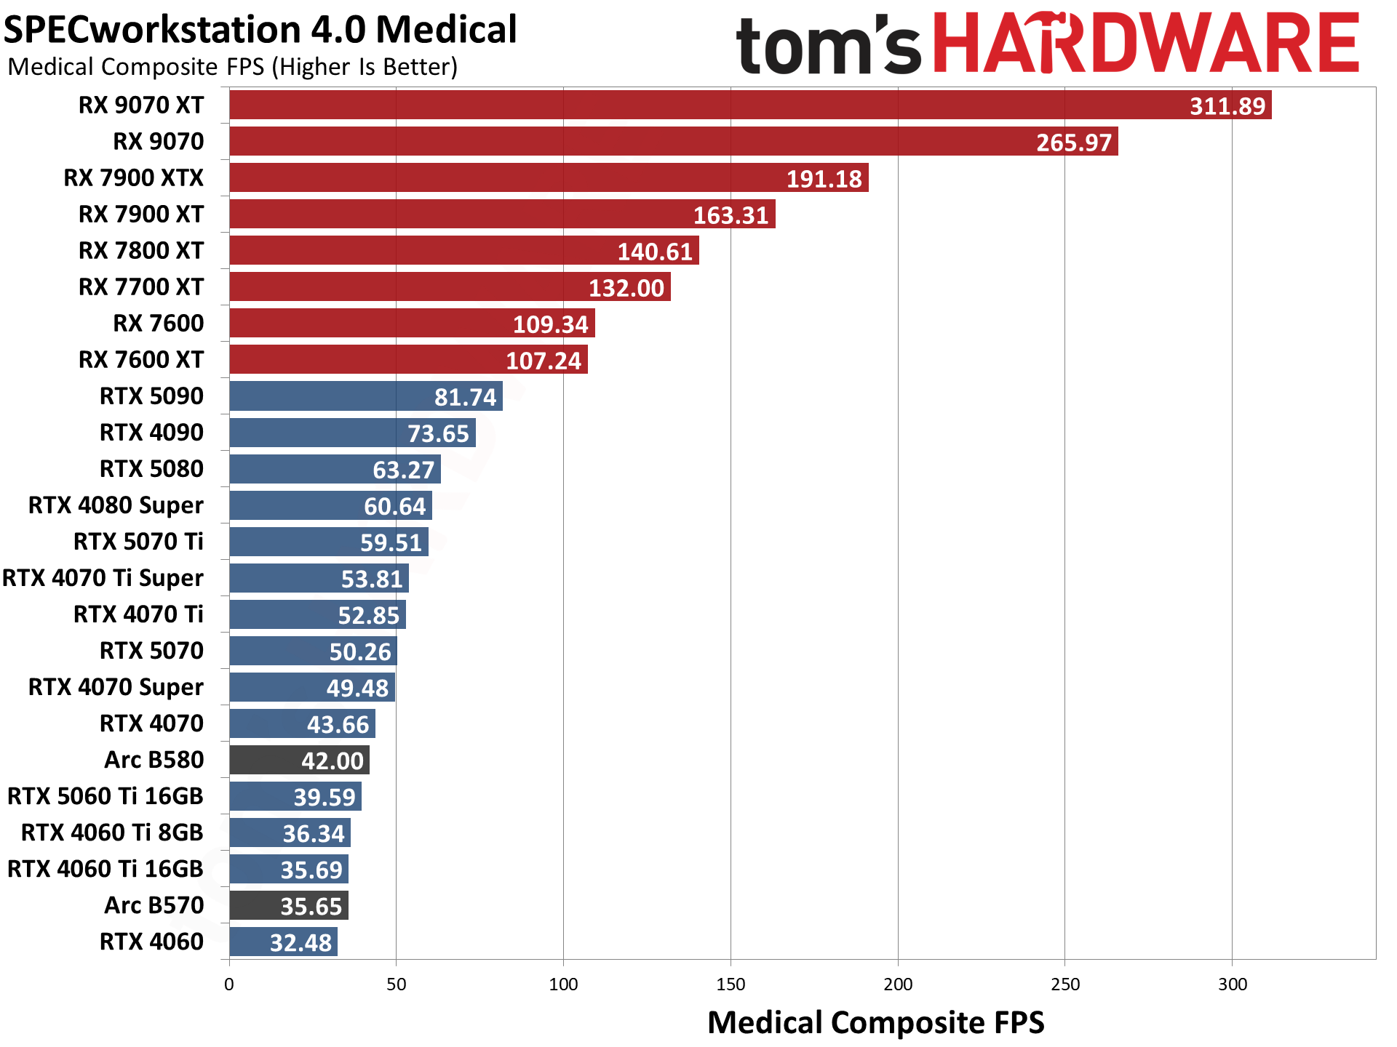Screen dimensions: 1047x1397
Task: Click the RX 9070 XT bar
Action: click(749, 105)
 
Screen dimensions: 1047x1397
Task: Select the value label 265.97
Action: click(1074, 142)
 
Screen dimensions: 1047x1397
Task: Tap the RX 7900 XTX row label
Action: click(134, 177)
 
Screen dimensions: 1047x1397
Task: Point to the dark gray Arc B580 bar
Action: click(299, 760)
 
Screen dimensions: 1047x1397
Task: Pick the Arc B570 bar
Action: click(289, 905)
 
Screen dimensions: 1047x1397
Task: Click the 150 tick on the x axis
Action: click(731, 984)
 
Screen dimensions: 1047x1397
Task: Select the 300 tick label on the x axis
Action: click(1232, 984)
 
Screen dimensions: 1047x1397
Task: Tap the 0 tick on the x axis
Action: click(229, 984)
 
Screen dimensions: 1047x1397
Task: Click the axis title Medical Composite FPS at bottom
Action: click(875, 1022)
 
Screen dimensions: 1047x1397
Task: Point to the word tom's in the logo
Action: click(828, 45)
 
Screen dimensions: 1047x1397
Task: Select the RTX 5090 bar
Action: click(365, 396)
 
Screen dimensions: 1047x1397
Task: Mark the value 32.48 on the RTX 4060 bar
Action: click(301, 942)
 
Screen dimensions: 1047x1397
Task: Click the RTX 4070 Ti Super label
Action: click(103, 578)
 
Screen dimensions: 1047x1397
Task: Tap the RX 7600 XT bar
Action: click(408, 360)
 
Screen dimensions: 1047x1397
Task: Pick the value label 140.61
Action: click(655, 252)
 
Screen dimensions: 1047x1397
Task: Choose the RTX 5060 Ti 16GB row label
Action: click(106, 796)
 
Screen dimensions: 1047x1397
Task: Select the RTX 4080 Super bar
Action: click(330, 505)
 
